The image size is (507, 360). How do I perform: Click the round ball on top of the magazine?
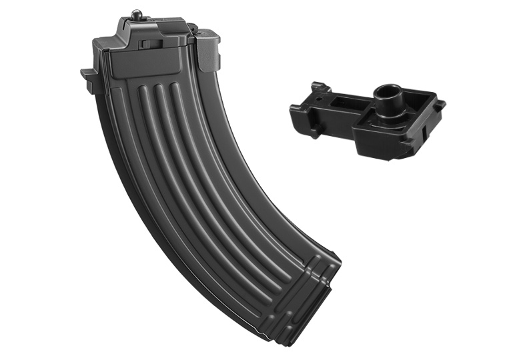tap(137, 13)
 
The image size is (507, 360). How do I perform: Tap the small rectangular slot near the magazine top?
tap(151, 45)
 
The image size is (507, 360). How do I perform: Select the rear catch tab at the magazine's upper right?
tap(209, 47)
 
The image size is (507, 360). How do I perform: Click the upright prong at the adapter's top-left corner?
tap(318, 87)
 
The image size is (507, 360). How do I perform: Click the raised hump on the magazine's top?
tap(150, 27)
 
